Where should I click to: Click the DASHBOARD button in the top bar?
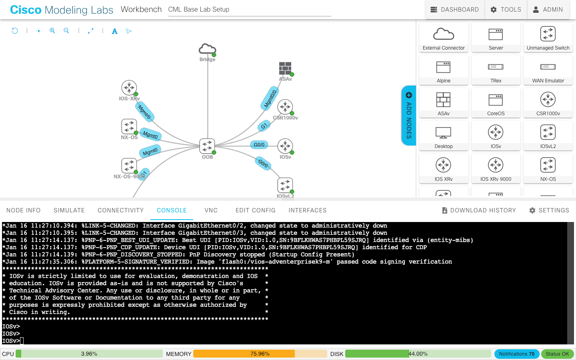pyautogui.click(x=454, y=10)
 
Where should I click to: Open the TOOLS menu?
pyautogui.click(x=506, y=10)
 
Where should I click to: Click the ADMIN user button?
pyautogui.click(x=548, y=10)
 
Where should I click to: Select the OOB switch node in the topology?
pyautogui.click(x=207, y=146)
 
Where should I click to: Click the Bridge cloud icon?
pyautogui.click(x=207, y=50)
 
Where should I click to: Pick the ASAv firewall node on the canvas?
pyautogui.click(x=285, y=68)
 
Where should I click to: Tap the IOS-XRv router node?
pyautogui.click(x=129, y=88)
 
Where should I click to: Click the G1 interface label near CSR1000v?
pyautogui.click(x=264, y=126)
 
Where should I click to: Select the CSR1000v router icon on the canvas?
pyautogui.click(x=285, y=107)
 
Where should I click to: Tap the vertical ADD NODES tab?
pyautogui.click(x=409, y=115)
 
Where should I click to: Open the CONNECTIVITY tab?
pyautogui.click(x=120, y=210)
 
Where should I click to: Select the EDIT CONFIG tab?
pyautogui.click(x=255, y=210)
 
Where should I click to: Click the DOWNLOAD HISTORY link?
pyautogui.click(x=479, y=210)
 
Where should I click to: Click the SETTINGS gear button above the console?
pyautogui.click(x=549, y=210)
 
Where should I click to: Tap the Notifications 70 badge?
pyautogui.click(x=516, y=354)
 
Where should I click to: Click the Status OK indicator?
pyautogui.click(x=557, y=354)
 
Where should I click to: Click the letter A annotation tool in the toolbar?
pyautogui.click(x=115, y=31)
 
